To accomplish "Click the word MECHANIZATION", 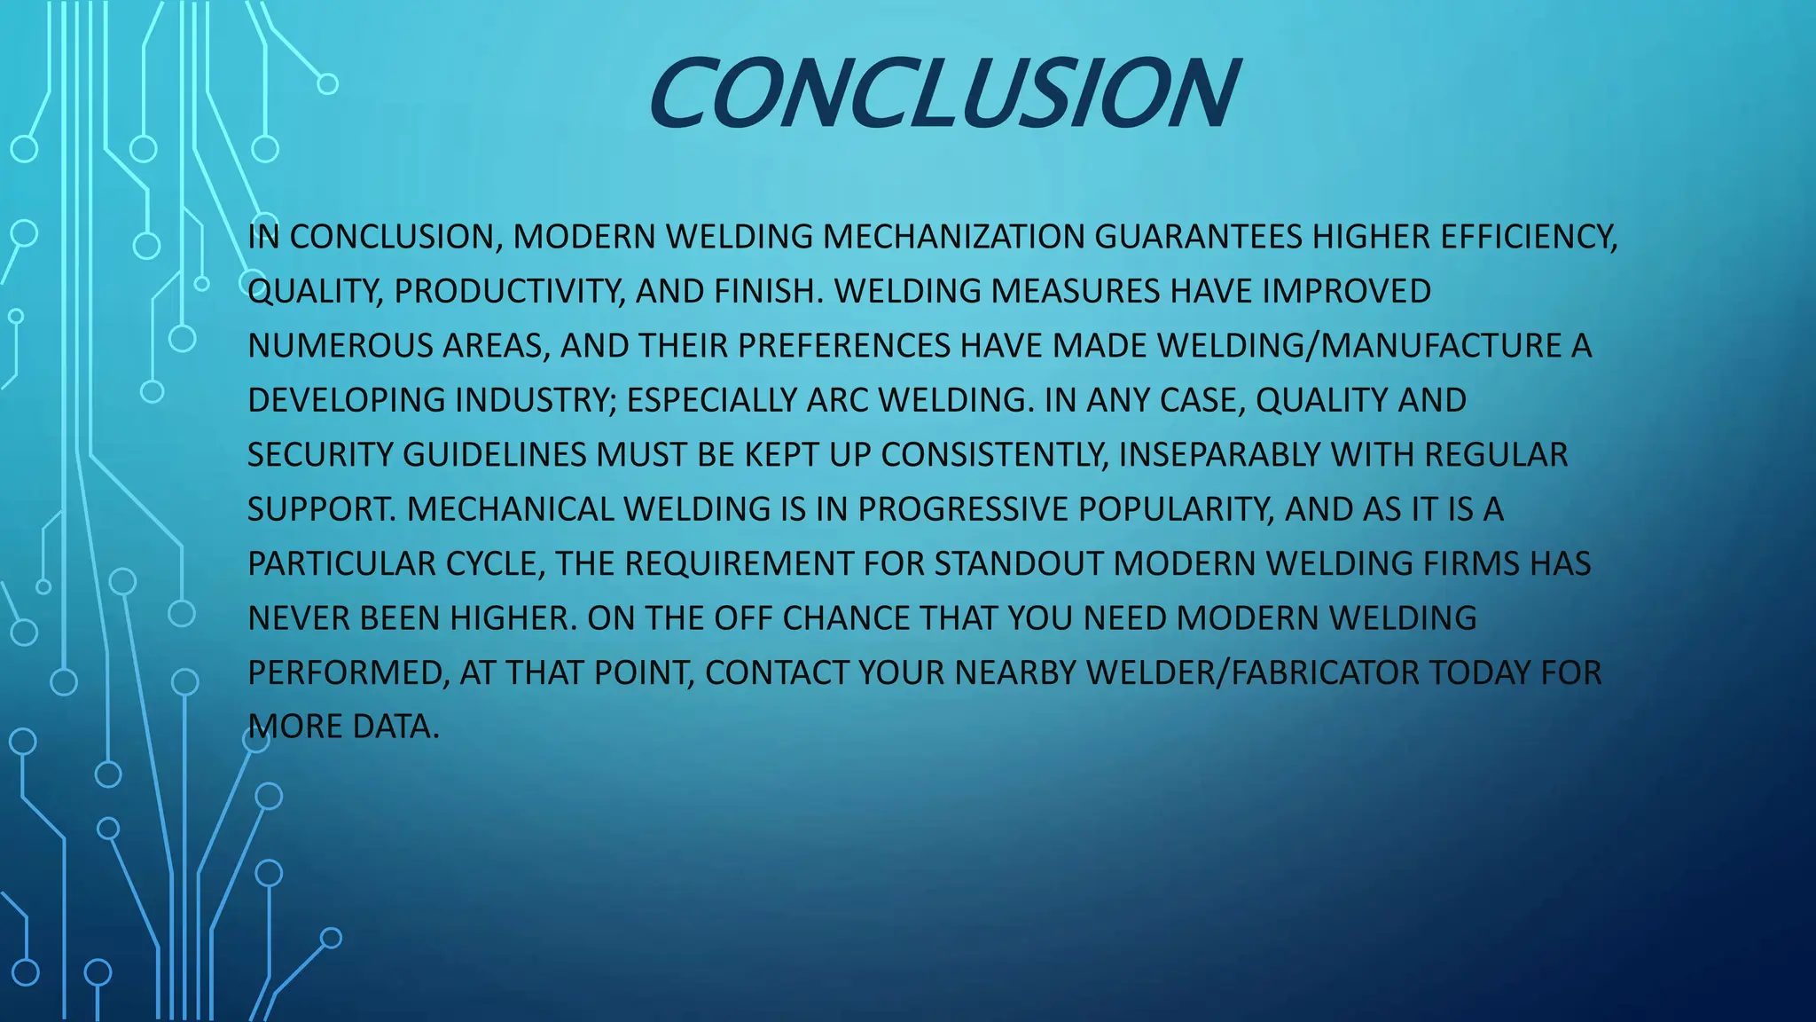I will (954, 237).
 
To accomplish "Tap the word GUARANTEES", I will (1198, 237).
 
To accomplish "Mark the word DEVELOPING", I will (346, 400).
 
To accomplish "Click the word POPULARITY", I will (1177, 509).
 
